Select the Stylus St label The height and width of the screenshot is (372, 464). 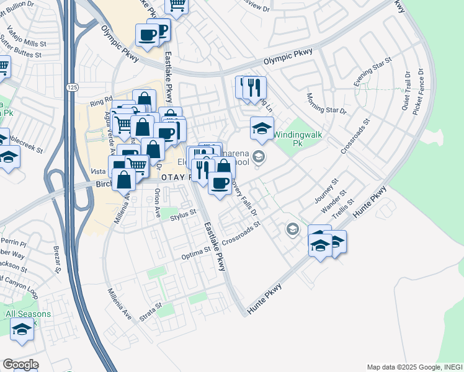click(183, 214)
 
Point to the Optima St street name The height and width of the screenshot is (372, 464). click(196, 254)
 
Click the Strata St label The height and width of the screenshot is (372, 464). click(151, 311)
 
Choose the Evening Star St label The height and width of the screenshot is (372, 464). click(373, 73)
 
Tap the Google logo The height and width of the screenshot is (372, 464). click(20, 365)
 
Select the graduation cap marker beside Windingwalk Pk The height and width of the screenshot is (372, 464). click(262, 128)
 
